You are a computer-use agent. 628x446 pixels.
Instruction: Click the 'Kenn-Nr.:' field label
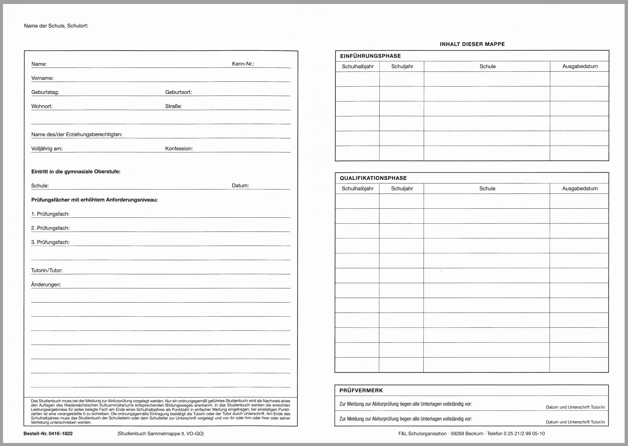click(x=243, y=64)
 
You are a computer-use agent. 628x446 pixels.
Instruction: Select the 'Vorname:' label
click(x=42, y=78)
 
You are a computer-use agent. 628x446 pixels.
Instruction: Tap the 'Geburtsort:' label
click(x=178, y=92)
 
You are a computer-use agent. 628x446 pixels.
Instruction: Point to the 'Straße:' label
click(x=173, y=106)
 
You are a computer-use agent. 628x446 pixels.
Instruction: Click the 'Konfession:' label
click(x=179, y=149)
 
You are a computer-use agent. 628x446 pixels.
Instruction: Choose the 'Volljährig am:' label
click(x=47, y=149)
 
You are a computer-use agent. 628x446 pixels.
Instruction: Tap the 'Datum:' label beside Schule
click(x=240, y=185)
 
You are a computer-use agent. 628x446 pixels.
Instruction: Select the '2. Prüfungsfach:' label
click(x=50, y=228)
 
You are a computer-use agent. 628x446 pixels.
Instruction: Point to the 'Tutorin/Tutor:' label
click(x=47, y=270)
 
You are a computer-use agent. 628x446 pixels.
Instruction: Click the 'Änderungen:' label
click(x=46, y=284)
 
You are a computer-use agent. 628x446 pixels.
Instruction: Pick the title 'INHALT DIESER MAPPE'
click(x=472, y=44)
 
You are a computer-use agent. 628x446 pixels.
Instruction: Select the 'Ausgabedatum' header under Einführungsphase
click(x=580, y=66)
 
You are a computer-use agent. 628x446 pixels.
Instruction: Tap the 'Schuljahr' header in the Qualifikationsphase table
click(x=402, y=188)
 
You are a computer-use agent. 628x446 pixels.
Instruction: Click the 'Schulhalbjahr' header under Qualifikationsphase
click(x=357, y=188)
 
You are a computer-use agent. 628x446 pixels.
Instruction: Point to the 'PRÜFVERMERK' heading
click(x=361, y=390)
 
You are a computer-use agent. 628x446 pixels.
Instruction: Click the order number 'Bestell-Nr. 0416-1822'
click(x=48, y=433)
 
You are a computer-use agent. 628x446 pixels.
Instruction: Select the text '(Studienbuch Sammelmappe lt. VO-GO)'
click(x=160, y=434)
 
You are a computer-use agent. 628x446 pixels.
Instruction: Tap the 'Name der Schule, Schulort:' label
click(x=56, y=26)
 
